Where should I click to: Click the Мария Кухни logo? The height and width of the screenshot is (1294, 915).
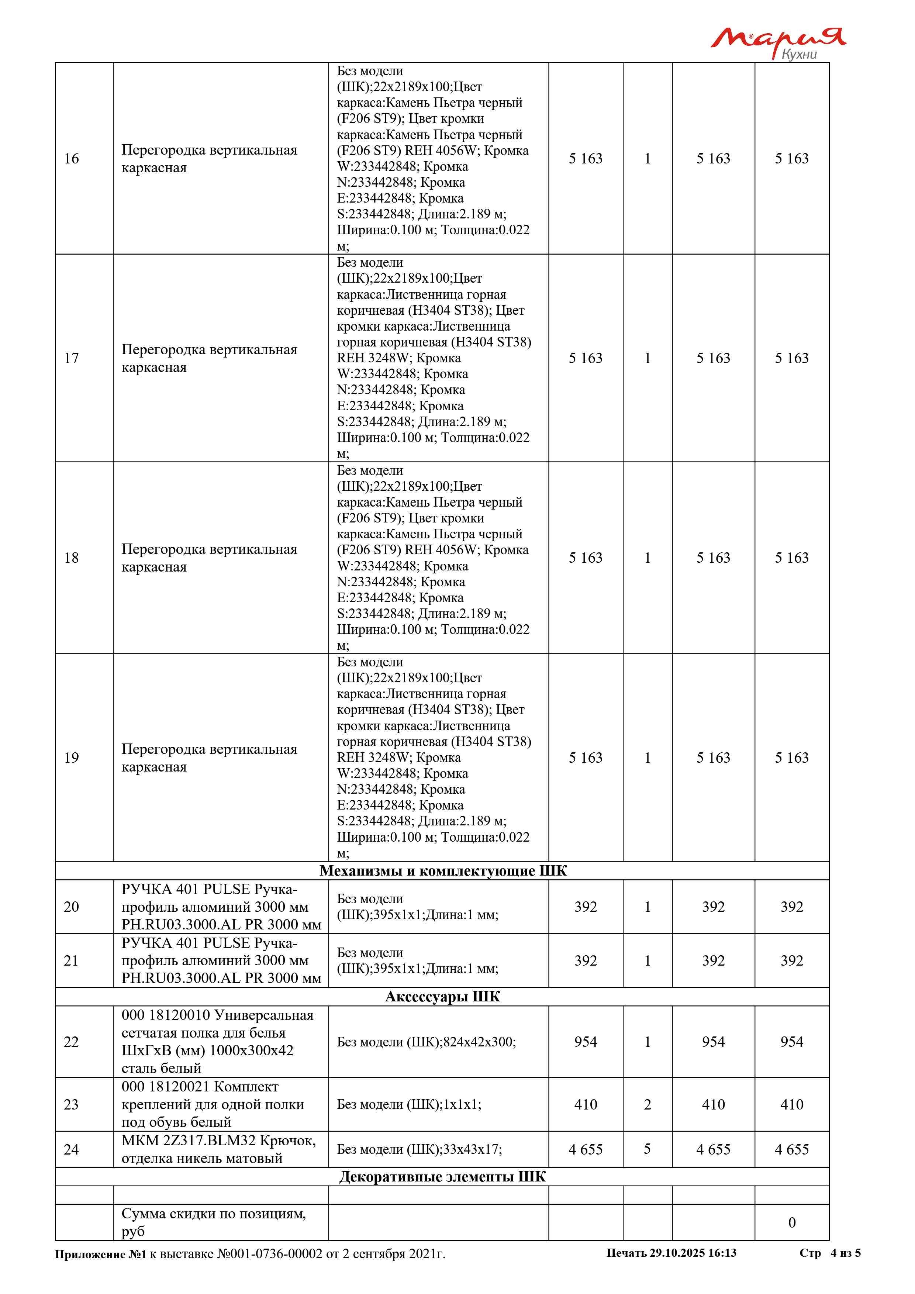tap(777, 42)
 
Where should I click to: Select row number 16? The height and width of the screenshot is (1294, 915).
tap(72, 158)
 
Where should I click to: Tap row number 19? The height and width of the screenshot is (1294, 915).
tap(72, 758)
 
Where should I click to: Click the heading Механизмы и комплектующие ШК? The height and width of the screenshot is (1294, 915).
tap(442, 871)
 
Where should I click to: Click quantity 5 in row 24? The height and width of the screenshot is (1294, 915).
tap(648, 1149)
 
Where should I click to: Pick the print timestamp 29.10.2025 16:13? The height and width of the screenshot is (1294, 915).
tap(693, 1253)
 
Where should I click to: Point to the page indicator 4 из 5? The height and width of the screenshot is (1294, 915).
tap(845, 1253)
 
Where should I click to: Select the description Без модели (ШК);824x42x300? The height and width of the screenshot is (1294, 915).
tap(426, 1042)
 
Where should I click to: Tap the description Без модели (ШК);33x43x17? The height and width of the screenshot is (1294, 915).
tap(419, 1149)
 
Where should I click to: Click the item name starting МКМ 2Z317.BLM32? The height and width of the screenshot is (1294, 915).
tap(219, 1149)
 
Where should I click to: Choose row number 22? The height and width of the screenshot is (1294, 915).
tap(72, 1042)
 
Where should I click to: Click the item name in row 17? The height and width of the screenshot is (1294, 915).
tap(209, 358)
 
